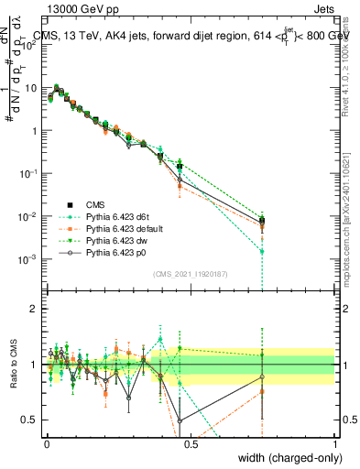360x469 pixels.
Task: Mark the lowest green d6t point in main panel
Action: coord(262,251)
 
